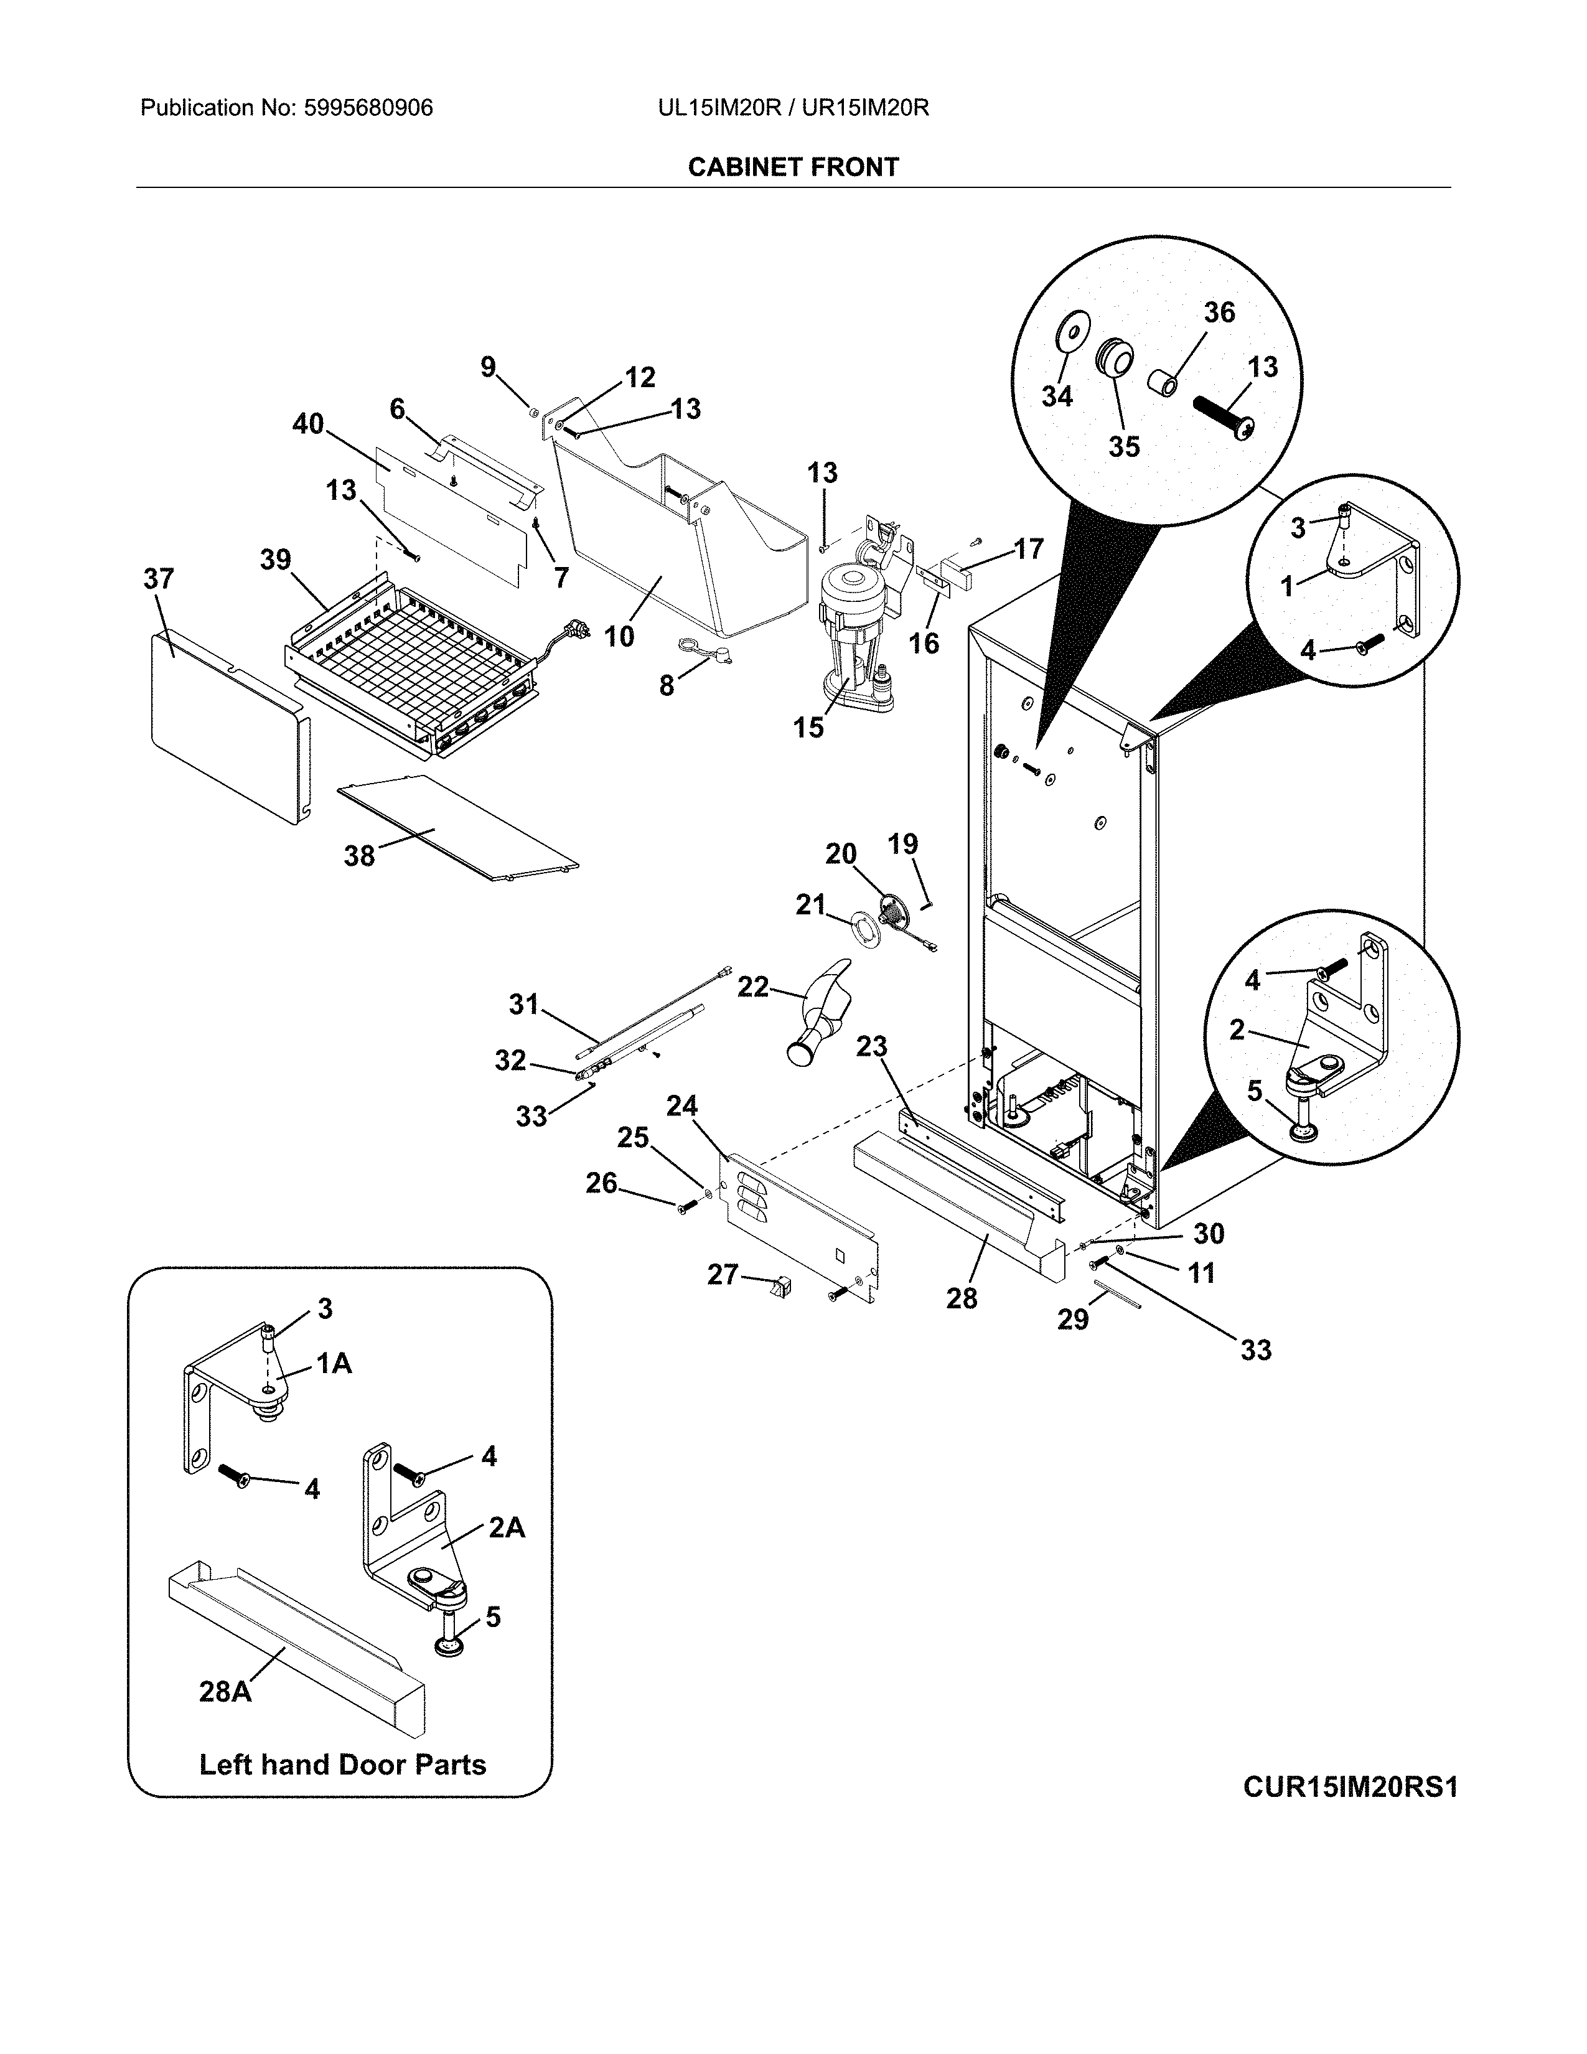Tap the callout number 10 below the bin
(x=619, y=637)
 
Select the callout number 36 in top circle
(x=1219, y=312)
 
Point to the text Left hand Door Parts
(x=342, y=1765)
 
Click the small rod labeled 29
(x=1115, y=1300)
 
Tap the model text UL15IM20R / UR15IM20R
(x=792, y=108)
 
